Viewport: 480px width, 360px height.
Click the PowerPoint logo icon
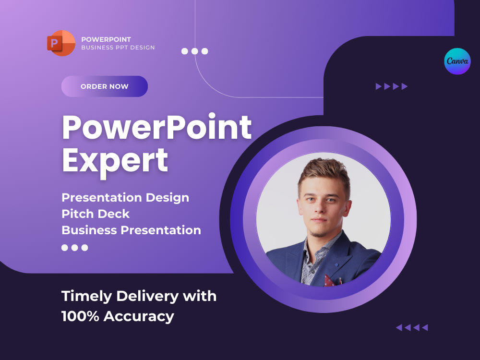pos(61,43)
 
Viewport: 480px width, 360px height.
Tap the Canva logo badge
pos(457,61)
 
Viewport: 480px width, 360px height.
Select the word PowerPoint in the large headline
pos(156,128)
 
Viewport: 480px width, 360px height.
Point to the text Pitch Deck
pos(96,214)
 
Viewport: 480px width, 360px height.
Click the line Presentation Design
pos(125,197)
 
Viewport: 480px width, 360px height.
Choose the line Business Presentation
pos(131,230)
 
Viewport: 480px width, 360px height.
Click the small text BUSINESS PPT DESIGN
pos(118,48)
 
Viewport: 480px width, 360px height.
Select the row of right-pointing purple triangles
pos(392,86)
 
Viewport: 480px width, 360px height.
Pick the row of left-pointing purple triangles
pos(412,328)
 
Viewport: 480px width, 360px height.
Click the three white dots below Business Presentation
pos(75,248)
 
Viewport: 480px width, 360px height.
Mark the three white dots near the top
pos(194,51)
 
